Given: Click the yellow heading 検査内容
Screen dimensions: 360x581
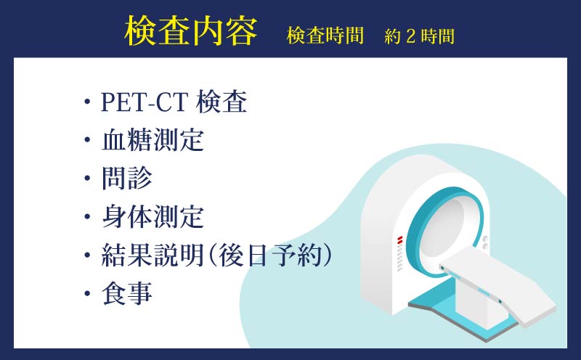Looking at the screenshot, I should coord(191,32).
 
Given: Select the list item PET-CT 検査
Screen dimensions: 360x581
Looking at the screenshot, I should coord(174,103).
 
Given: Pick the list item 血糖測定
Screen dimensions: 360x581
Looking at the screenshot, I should coord(153,140).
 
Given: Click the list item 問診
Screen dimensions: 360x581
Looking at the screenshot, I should coord(127,178).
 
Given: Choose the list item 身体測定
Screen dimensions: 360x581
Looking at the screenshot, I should coord(153,216).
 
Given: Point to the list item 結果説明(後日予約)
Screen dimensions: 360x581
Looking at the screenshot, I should coord(217,255).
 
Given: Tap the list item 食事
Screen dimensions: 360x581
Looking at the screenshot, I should coord(127,293).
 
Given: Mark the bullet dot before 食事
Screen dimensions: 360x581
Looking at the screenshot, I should coord(87,294).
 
